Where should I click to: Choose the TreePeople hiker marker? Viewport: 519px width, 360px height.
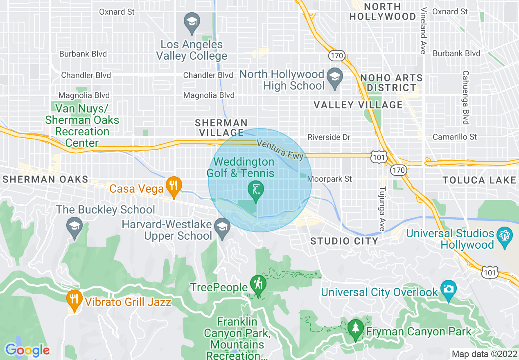258,286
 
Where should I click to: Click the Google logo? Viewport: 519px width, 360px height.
27,350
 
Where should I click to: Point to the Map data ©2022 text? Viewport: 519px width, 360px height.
483,353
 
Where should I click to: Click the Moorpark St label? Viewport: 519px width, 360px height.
329,179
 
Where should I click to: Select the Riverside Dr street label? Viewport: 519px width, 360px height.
329,137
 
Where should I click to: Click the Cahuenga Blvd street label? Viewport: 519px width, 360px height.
465,97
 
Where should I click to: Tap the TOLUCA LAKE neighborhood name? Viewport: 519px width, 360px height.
479,180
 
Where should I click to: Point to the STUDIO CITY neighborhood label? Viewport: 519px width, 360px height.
344,241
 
